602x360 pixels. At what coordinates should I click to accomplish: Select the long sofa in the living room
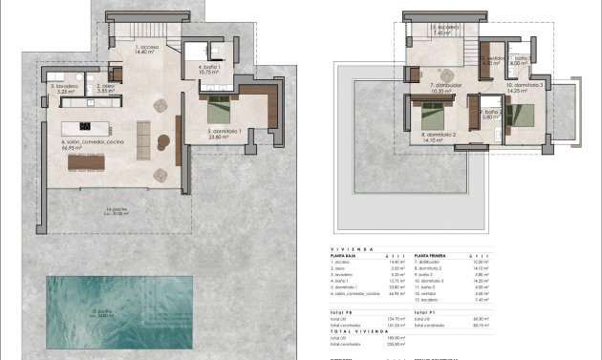(144, 138)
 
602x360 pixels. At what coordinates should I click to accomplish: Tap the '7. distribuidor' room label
(445, 87)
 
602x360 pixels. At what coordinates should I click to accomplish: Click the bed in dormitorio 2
(431, 119)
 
